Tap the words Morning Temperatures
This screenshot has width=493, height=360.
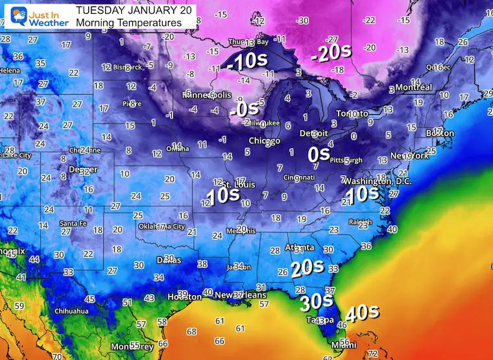128,23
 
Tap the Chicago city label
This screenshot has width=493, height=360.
264,141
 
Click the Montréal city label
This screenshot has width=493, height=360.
413,88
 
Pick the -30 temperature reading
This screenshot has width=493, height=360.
302,21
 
